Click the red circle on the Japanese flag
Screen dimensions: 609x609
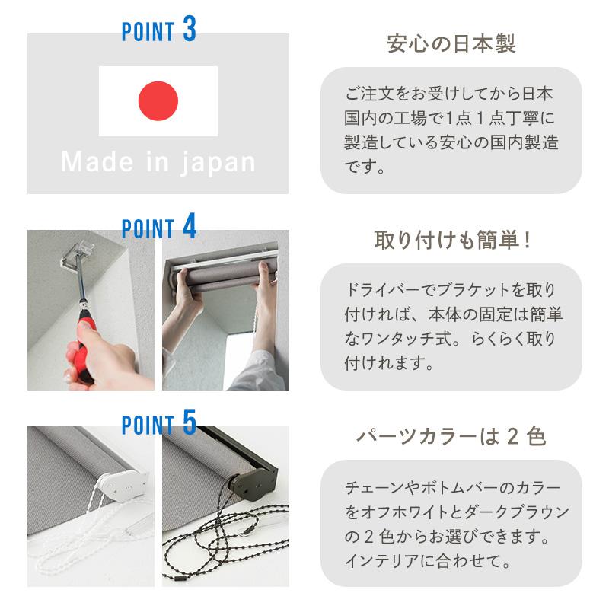(158, 101)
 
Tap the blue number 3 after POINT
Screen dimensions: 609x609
(190, 29)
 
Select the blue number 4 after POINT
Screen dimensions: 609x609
(190, 226)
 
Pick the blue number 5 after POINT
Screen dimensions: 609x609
(190, 422)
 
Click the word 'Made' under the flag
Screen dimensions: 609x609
(97, 161)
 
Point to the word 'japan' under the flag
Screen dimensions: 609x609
(218, 163)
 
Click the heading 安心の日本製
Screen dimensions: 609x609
(451, 43)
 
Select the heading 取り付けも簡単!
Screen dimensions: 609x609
(452, 240)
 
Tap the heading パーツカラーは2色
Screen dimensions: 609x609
(451, 436)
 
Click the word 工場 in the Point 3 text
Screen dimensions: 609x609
(410, 118)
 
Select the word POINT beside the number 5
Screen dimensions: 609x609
(148, 425)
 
